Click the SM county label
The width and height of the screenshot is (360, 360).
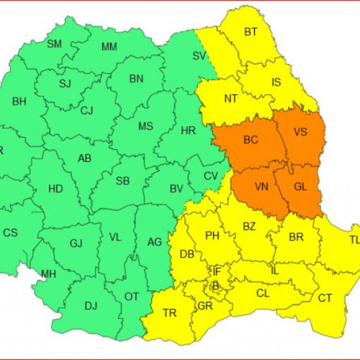(54, 44)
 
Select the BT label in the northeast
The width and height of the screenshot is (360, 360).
(251, 32)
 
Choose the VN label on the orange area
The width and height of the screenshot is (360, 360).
(262, 186)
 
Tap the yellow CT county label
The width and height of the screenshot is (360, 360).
(325, 298)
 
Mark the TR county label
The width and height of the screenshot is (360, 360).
(170, 313)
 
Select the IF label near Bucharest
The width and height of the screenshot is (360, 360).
(215, 271)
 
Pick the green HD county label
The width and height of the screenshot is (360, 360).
(55, 189)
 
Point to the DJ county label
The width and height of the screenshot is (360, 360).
(91, 306)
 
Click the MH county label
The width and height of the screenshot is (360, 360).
(48, 274)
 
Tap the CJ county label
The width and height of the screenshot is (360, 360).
(87, 111)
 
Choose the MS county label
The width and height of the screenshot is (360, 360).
(145, 127)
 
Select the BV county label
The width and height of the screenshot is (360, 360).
(175, 189)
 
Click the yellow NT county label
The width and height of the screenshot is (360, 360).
(231, 99)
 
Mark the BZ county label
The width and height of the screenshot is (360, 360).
(249, 226)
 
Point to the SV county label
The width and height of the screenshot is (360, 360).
(199, 55)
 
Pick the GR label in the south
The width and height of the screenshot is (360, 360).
(205, 305)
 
